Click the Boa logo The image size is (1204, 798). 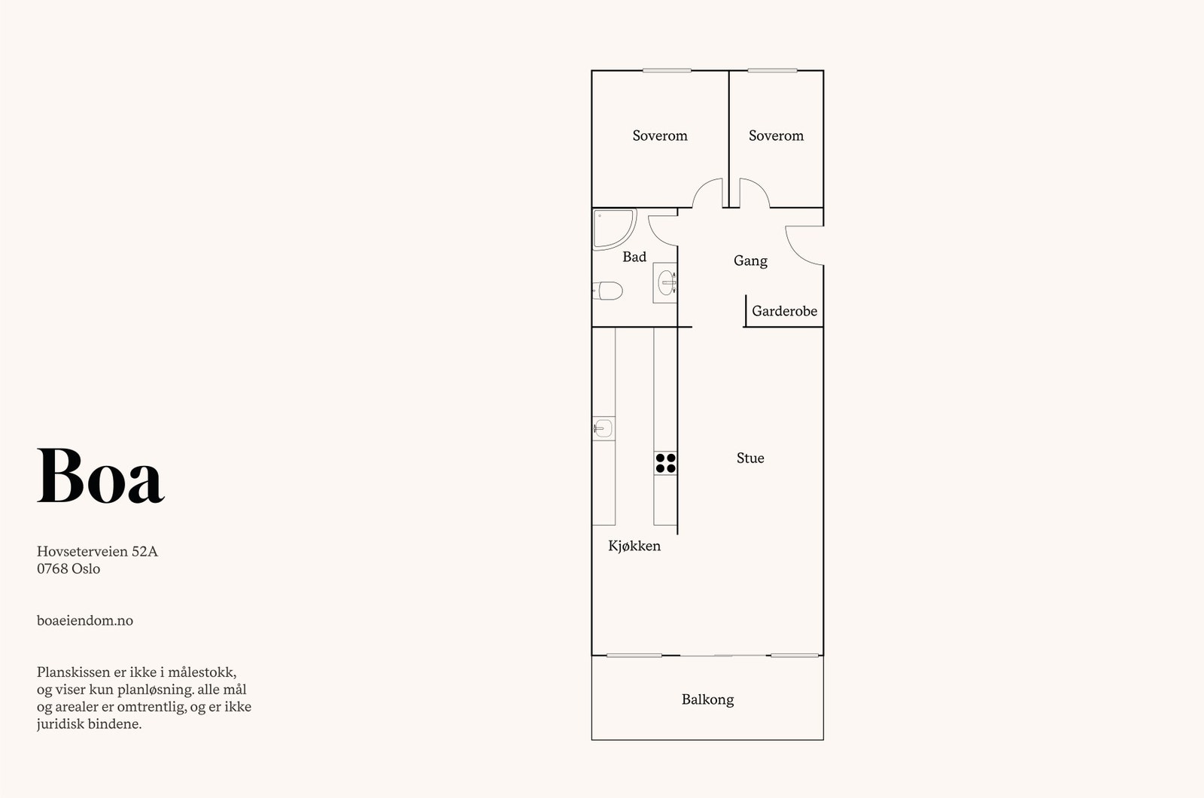click(101, 476)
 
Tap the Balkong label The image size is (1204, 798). click(707, 699)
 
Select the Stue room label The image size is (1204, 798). click(750, 458)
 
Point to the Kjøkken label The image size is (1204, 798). click(634, 546)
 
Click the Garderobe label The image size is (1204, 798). click(784, 311)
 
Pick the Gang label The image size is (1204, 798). click(750, 260)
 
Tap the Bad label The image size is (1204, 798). click(634, 257)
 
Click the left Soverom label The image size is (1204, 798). click(660, 136)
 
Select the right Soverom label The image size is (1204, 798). click(776, 136)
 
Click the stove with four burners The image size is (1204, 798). click(665, 462)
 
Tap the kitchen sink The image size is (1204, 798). click(603, 429)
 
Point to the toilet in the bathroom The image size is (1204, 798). click(608, 290)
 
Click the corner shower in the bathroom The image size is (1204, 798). click(613, 227)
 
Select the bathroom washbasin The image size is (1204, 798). click(666, 282)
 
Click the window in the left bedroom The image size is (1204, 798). click(667, 71)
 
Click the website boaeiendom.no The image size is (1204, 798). click(85, 620)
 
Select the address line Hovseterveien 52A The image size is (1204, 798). click(97, 551)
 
